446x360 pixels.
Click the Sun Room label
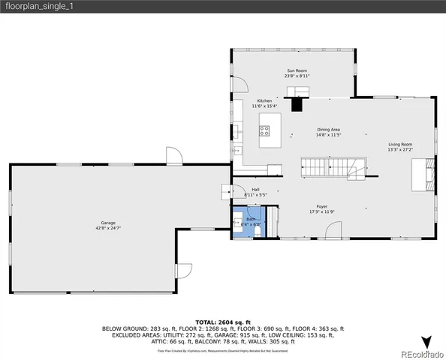point(294,70)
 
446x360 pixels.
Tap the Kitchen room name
point(264,100)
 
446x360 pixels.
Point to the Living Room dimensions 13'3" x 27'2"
point(400,149)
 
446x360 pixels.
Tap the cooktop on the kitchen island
point(265,134)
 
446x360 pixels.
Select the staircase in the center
point(332,167)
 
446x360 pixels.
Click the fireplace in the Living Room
point(426,172)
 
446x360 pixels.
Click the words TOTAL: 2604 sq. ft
point(222,321)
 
